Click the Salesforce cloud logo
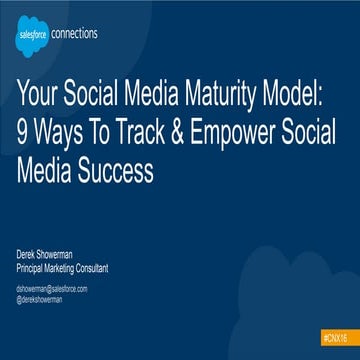pos(32,37)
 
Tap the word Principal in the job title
pos(32,267)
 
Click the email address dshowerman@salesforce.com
pos(52,288)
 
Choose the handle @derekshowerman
pos(41,297)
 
